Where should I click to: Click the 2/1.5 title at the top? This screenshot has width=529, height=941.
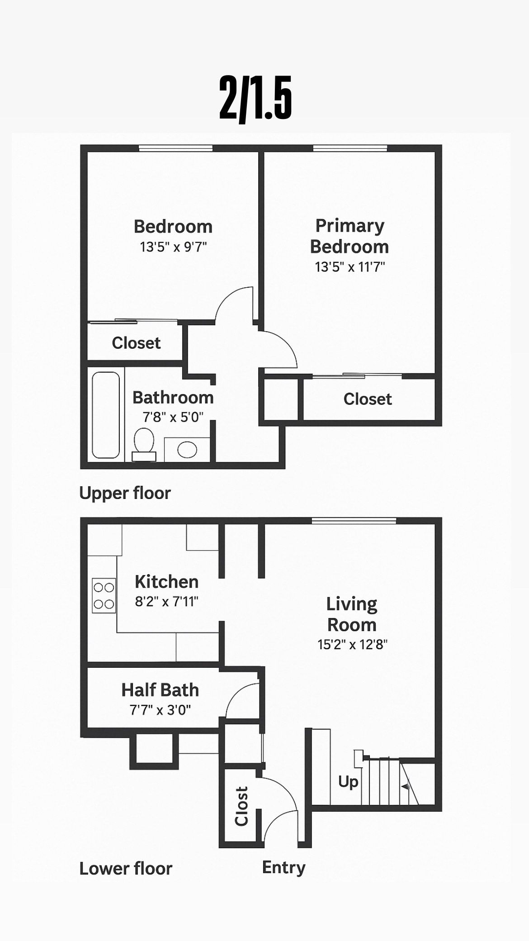coord(255,98)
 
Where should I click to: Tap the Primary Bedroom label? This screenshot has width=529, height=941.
coord(350,236)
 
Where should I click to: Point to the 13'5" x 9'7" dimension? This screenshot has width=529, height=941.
coord(174,247)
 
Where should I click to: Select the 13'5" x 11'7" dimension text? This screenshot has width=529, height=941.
coord(350,267)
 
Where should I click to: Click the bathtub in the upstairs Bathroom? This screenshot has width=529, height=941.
coord(106,415)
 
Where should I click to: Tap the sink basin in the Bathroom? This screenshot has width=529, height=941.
coord(187,450)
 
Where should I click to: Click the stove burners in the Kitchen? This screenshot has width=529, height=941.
coord(104,595)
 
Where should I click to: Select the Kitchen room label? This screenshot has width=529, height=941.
coord(166,582)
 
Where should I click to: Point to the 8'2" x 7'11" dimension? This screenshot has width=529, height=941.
coord(167,602)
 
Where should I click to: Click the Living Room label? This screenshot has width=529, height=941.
coord(352,614)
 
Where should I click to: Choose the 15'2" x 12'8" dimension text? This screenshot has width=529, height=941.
coord(353,644)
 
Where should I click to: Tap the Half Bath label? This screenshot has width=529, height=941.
coord(160,690)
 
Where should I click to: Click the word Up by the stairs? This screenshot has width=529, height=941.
coord(348,782)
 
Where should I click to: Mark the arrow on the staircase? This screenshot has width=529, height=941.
coord(406,787)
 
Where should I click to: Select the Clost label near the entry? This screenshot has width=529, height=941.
coord(241,806)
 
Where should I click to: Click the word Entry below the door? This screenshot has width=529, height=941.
coord(284,868)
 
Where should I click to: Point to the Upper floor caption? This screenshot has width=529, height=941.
coord(125,493)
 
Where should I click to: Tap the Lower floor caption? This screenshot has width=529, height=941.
coord(126,869)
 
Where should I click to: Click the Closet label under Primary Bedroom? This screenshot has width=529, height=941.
coord(368,399)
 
